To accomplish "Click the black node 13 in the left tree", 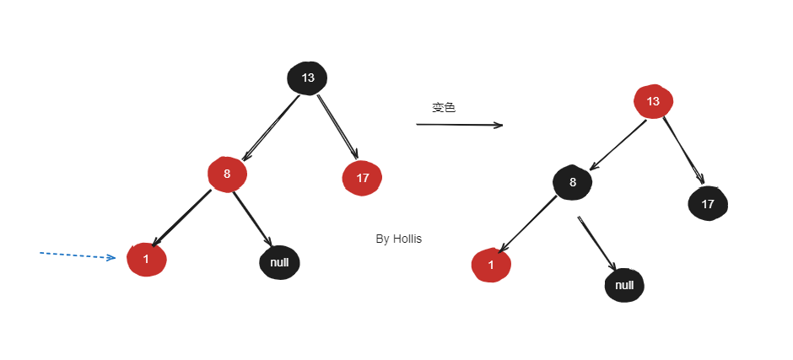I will click(x=307, y=78).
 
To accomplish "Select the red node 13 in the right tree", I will click(x=653, y=102).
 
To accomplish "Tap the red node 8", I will click(x=227, y=175).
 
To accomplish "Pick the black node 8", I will click(x=573, y=182).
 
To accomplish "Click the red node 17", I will click(x=362, y=178).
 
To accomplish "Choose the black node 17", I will click(x=708, y=203).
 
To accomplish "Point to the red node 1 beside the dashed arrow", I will click(x=146, y=259).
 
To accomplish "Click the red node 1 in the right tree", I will click(x=491, y=265).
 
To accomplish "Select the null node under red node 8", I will click(x=279, y=262).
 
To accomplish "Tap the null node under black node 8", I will click(x=624, y=285).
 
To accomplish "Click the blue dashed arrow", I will click(x=77, y=255).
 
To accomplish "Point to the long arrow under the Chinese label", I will click(x=459, y=125).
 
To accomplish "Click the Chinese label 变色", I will click(x=444, y=108).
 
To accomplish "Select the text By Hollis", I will click(x=398, y=239).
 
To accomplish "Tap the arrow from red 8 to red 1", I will click(x=183, y=218).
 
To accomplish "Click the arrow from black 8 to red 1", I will click(x=527, y=223).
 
